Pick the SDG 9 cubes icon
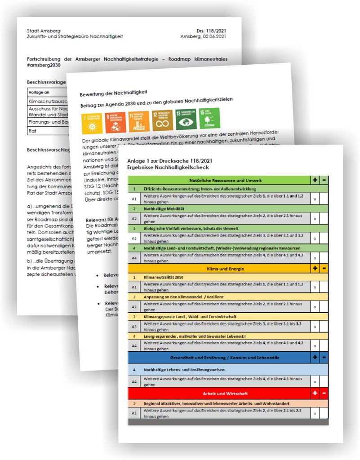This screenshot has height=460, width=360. (115, 122)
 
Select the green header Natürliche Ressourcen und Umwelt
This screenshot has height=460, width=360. (220, 180)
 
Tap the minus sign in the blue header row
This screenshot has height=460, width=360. (324, 358)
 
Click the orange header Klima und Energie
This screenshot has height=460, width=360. (220, 269)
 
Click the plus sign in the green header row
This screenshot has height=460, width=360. (315, 180)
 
